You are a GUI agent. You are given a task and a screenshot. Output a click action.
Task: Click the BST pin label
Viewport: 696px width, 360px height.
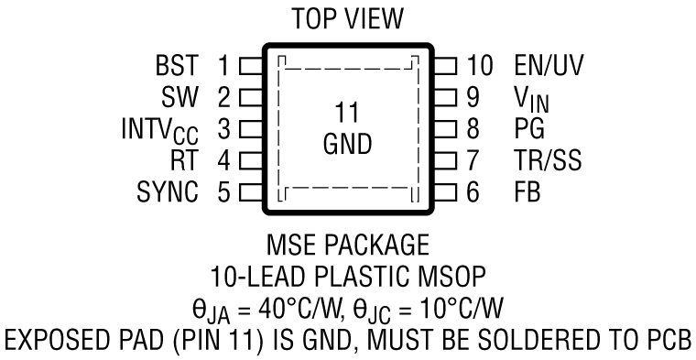point(179,66)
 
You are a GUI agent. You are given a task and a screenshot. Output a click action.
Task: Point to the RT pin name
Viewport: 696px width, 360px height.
point(187,161)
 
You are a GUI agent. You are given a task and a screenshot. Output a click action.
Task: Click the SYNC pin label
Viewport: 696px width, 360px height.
point(169,192)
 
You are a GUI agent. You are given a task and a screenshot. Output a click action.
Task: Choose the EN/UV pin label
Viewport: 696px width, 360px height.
point(548,66)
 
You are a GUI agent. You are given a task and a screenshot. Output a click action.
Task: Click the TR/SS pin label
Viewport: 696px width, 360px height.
point(548,161)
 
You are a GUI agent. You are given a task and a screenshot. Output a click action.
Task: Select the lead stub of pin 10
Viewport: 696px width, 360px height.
point(446,66)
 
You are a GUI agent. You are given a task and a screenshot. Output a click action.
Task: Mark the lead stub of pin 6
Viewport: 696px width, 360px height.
point(446,192)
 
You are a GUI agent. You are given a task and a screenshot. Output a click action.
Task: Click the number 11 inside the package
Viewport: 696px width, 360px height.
point(347,114)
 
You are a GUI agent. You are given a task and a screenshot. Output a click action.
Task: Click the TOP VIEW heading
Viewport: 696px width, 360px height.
point(348,17)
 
